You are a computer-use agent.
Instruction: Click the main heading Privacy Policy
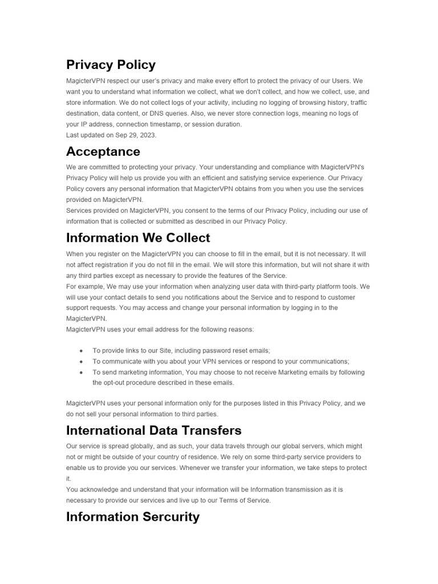coord(111,65)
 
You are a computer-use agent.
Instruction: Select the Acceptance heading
coord(103,152)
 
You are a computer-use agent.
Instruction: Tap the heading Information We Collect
coord(138,238)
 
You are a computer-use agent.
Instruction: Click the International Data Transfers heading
coord(153,431)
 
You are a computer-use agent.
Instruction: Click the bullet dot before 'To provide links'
coord(82,351)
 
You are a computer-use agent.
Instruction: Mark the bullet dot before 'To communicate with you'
coord(82,362)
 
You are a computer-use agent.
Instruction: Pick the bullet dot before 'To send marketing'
coord(82,372)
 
